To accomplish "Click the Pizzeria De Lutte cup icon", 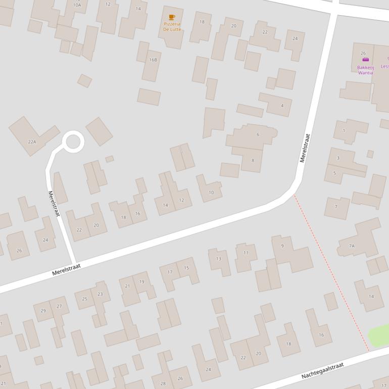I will [172, 17].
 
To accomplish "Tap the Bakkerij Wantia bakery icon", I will [365, 60].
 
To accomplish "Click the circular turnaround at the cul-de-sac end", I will [73, 141].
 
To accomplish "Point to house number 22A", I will [32, 142].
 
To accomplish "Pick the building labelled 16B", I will [153, 60].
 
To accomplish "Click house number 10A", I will [77, 5].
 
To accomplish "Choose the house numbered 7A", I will [352, 246].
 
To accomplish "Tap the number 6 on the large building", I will [258, 134].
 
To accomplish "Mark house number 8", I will [253, 160].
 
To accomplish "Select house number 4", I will [282, 106].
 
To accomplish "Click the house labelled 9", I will [282, 246].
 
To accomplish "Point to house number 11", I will [246, 253].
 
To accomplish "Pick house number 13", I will [218, 259].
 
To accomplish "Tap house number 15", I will [186, 268].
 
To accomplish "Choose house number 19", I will [141, 282].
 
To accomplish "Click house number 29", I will [43, 311].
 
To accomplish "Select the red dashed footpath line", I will [331, 273].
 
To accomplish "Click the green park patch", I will [379, 335].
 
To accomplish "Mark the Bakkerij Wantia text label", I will [365, 70].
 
